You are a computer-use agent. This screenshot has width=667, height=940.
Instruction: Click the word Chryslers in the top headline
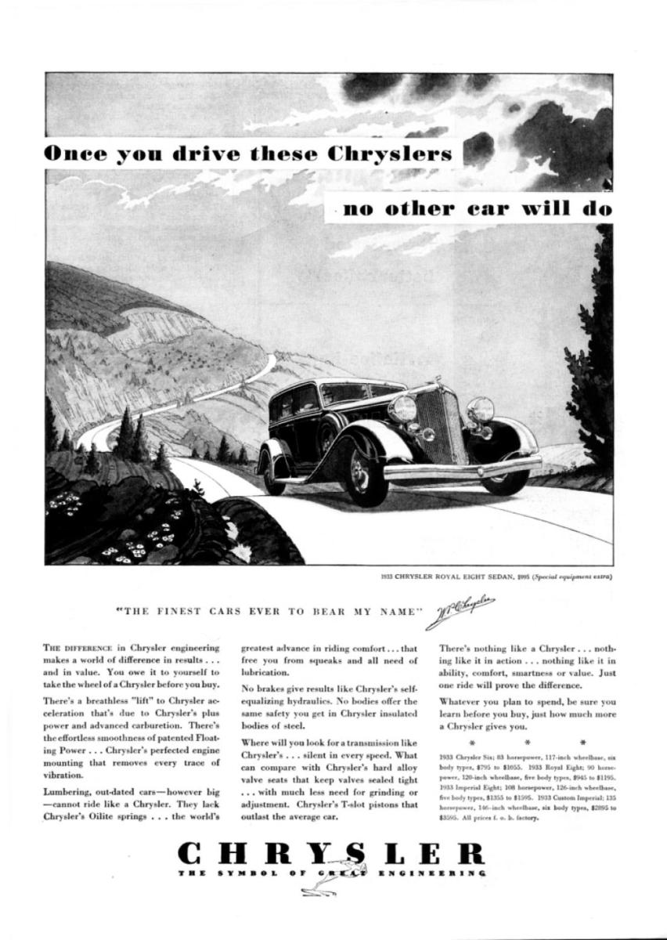[391, 154]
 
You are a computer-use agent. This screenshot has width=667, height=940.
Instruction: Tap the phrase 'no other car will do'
[477, 208]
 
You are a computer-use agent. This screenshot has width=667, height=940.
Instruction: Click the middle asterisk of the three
[528, 739]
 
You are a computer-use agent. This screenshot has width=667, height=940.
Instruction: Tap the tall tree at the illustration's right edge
[599, 352]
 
